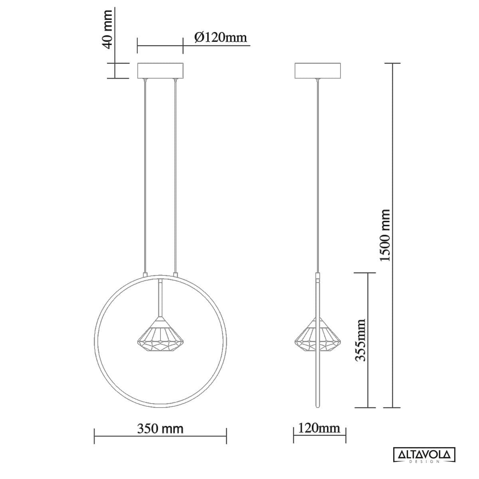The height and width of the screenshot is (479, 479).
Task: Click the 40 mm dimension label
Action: tap(108, 30)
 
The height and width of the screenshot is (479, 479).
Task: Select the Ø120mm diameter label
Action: tap(221, 38)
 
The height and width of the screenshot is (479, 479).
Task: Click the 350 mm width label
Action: tap(160, 429)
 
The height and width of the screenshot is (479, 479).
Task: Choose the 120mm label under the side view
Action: tap(319, 428)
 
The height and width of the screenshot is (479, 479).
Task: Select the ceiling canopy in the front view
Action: tap(160, 71)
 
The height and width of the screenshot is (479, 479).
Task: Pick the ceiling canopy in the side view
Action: tap(317, 71)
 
